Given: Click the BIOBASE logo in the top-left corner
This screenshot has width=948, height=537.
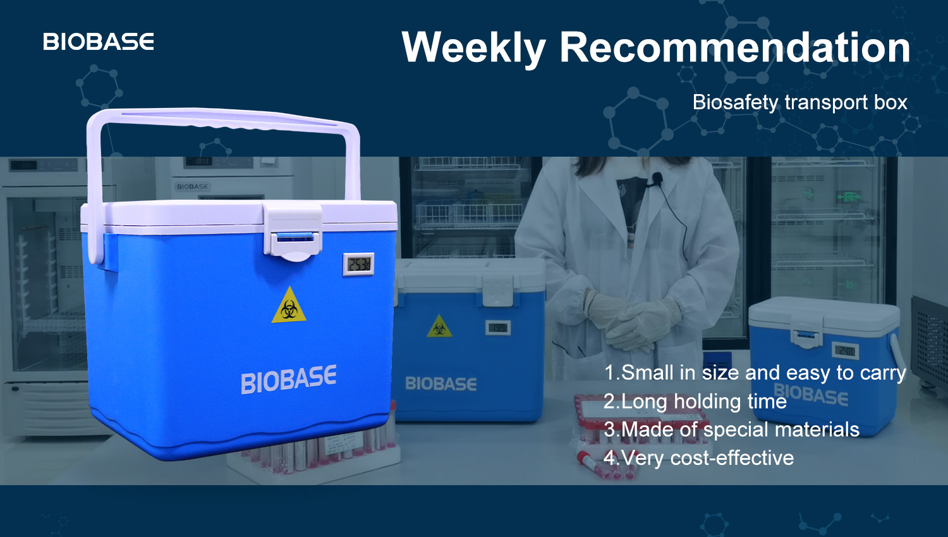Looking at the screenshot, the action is tap(98, 42).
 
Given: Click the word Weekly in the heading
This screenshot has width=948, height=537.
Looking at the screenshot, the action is tap(473, 48).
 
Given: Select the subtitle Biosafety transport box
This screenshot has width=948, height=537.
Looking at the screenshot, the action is tap(800, 102).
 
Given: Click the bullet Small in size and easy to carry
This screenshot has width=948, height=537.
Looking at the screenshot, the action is tap(755, 373).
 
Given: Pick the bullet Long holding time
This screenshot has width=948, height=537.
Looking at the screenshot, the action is tap(695, 401).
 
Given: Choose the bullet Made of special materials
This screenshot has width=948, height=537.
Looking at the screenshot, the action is tap(731, 430).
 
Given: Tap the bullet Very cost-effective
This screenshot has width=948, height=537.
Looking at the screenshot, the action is tap(698, 458).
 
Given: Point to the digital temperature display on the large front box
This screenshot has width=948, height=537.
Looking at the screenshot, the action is tap(358, 263).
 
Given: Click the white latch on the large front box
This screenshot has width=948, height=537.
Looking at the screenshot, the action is tap(292, 231).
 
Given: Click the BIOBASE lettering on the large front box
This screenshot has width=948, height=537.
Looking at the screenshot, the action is tap(289, 379).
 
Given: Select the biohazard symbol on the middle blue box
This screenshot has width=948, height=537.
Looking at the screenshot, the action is tap(439, 327).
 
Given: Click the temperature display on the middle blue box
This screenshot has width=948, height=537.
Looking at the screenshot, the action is tap(498, 327).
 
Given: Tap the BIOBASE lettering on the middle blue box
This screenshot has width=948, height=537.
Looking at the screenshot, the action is tap(441, 383).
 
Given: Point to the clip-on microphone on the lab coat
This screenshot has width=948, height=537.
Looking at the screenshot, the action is tap(657, 179).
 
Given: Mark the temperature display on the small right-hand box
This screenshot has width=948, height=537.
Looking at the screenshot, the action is tap(846, 351).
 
